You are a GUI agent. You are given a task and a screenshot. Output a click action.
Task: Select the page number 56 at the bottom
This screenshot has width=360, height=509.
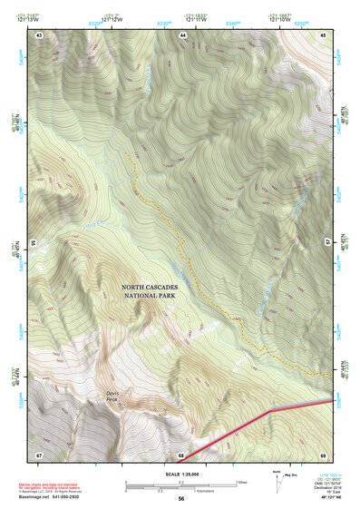click(x=181, y=499)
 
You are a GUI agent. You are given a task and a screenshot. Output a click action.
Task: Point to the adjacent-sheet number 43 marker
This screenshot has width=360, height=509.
click(x=39, y=34)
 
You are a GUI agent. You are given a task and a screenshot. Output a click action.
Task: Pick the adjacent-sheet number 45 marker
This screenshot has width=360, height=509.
click(x=323, y=34)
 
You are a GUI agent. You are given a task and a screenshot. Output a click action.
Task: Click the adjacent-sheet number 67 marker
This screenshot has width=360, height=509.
click(x=39, y=454)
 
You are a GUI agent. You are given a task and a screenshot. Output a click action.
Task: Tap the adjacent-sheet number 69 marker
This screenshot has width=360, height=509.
click(x=323, y=454)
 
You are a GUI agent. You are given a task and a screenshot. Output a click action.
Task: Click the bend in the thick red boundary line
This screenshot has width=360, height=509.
click(x=270, y=411)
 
